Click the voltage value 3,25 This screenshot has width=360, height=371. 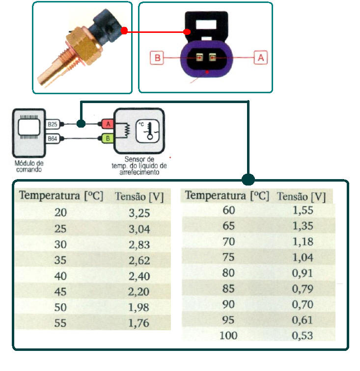tap(139, 213)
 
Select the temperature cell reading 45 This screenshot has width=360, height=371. tap(61, 291)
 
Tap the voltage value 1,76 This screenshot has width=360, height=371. tap(139, 323)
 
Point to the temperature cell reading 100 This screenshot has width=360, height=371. tap(228, 336)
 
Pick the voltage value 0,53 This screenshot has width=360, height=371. tap(303, 336)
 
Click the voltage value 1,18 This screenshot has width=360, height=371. tap(303, 241)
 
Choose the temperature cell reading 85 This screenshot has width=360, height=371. tap(229, 289)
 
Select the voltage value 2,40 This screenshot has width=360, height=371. tap(139, 276)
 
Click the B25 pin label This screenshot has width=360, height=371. tap(53, 125)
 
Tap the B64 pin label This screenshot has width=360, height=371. tap(53, 139)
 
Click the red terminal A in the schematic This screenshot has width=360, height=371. tap(108, 124)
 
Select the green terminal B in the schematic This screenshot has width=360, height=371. tap(108, 138)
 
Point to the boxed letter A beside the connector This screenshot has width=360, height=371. tap(261, 57)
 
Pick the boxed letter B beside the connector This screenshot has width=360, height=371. tap(158, 58)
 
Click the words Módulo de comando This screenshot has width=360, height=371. tap(30, 166)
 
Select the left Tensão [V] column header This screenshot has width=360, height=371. tap(139, 197)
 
